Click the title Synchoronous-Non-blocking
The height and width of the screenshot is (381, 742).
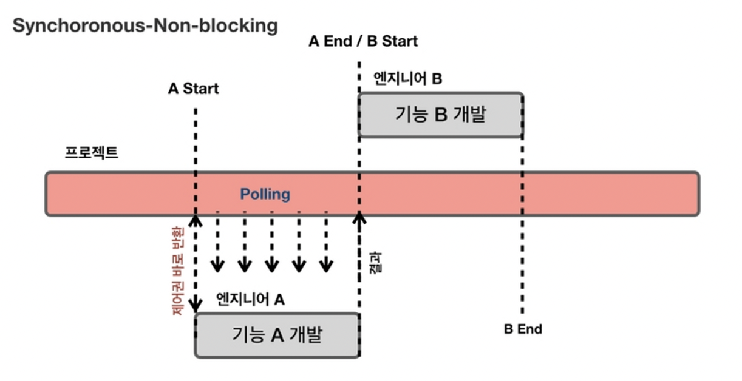coord(145,26)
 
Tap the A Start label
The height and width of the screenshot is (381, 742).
coord(193,89)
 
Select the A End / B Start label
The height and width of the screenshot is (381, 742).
coord(363,41)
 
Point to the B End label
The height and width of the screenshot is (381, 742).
coord(523,329)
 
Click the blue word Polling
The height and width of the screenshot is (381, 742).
coord(265,194)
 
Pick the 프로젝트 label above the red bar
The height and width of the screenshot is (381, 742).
coord(91,152)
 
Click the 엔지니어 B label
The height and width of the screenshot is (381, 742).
coord(407,78)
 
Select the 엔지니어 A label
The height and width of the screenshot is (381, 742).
coord(250,299)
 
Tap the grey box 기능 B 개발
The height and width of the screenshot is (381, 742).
coord(440,115)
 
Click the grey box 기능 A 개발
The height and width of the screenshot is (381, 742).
coord(277,335)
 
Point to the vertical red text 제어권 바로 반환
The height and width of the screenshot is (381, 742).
coord(178,271)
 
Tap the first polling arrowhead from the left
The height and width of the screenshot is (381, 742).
coord(217,266)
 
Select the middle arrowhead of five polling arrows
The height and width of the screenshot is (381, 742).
coord(271,266)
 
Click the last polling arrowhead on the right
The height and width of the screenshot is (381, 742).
coord(327,266)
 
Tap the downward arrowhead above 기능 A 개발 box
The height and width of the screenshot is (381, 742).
coord(196,304)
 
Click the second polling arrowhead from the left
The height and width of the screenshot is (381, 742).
coord(244,266)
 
